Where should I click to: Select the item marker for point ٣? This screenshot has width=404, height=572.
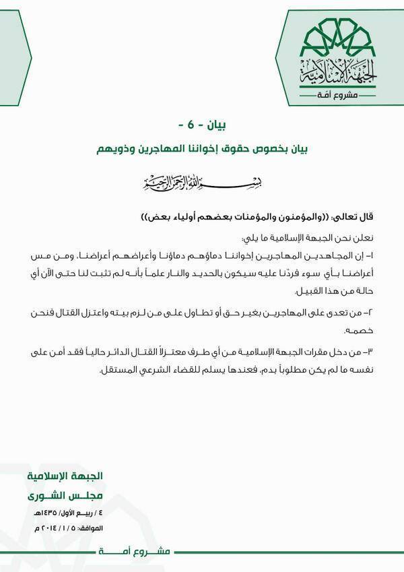point(368,353)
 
